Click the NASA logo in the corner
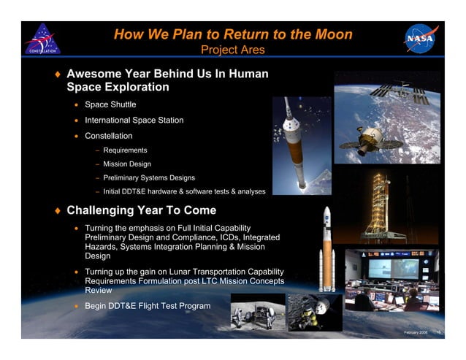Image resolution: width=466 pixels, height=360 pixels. tap(421, 39)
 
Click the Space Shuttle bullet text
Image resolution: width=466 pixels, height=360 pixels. tap(110, 104)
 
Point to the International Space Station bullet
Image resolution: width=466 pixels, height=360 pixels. tap(134, 120)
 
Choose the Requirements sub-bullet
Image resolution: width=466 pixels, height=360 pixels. tap(125, 150)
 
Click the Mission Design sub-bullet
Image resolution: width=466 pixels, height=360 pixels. tap(127, 164)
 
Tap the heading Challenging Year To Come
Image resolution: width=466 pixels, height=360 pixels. tap(141, 211)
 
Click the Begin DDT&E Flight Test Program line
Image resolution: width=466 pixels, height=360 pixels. tap(148, 305)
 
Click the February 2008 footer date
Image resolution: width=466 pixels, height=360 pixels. tap(416, 332)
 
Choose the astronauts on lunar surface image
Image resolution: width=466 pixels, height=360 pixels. tap(256, 312)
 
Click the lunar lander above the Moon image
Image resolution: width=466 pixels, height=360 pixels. tap(314, 312)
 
